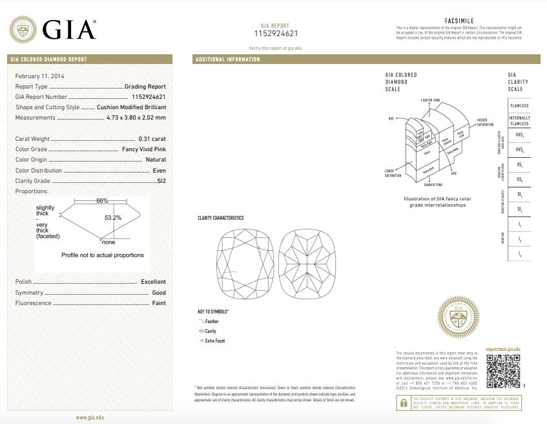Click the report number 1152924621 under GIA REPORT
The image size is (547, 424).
point(275,33)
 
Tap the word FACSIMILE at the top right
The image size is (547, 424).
point(459,21)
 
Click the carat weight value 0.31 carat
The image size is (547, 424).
point(152,139)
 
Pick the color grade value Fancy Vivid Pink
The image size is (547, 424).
point(143,149)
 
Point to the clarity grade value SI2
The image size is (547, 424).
point(161,181)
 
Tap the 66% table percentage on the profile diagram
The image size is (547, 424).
point(102,201)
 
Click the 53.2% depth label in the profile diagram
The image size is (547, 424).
point(113,218)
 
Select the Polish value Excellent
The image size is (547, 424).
point(153,282)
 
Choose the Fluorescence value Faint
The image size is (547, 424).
point(159,303)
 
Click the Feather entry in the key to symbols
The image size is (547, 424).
point(211,321)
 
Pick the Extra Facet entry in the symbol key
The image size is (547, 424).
point(214,341)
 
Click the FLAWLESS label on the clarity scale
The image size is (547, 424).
point(519,105)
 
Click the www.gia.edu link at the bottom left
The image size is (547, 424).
point(90,418)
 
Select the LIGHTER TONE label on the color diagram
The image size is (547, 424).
point(431,101)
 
